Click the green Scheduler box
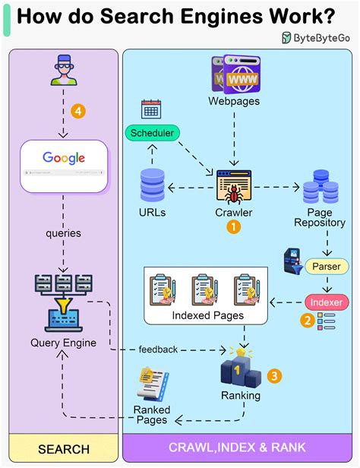pos(152,134)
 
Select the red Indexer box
pos(325,302)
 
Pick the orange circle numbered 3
pos(276,375)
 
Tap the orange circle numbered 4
pos(77,111)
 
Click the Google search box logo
pos(64,158)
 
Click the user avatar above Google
pos(64,71)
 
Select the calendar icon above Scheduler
pos(150,109)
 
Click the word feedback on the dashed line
pos(158,349)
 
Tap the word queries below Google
pos(63,233)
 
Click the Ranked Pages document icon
pos(151,385)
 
